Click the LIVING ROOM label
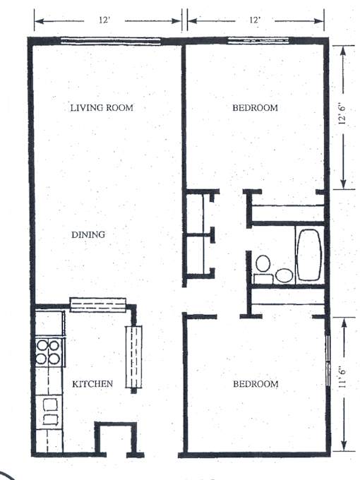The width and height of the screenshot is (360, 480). [102, 108]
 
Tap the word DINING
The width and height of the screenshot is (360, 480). [88, 235]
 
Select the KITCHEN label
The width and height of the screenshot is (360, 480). [92, 384]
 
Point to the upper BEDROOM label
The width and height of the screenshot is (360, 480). [255, 108]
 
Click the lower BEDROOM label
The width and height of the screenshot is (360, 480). [256, 384]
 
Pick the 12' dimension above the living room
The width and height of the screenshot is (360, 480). [104, 20]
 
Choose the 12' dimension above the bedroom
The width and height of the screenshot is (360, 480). [254, 20]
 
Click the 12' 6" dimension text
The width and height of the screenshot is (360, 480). [342, 114]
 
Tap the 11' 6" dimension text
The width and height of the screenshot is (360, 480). [342, 378]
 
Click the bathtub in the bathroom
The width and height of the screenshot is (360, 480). [309, 255]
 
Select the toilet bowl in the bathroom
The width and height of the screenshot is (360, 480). [263, 263]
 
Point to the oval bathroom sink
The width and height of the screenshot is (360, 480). [284, 275]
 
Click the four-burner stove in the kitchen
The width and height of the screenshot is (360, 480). [48, 352]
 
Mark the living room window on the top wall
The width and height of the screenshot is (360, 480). [111, 41]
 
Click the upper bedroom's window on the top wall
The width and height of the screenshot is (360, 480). [258, 40]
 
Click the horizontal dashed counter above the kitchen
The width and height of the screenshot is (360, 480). [98, 305]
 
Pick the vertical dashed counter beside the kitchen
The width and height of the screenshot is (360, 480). [133, 357]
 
